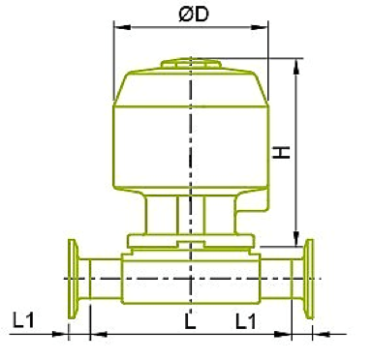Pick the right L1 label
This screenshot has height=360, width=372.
point(247,318)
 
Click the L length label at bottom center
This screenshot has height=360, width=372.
point(190,318)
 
